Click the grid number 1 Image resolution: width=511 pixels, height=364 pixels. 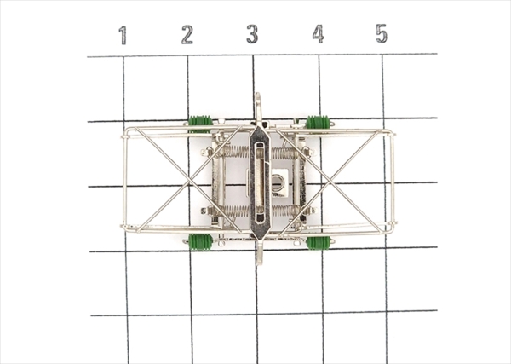(123, 36)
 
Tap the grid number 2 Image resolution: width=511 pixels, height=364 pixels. (187, 35)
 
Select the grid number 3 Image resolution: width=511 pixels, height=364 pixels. (252, 35)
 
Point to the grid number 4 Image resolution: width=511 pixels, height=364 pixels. (318, 34)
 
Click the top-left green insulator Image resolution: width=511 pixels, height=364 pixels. (200, 121)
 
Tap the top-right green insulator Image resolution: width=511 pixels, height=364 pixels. (317, 122)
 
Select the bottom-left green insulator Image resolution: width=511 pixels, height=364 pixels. (200, 242)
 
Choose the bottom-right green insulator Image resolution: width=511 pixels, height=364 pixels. (318, 243)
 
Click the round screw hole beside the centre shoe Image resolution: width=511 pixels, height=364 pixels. (278, 181)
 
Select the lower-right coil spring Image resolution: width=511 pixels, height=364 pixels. (284, 210)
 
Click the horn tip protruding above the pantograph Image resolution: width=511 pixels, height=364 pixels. (257, 101)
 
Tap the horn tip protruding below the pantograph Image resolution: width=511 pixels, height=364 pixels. (259, 258)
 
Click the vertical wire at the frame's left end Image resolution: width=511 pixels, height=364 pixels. (124, 181)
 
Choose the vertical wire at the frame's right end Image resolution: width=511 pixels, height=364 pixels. (393, 181)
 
